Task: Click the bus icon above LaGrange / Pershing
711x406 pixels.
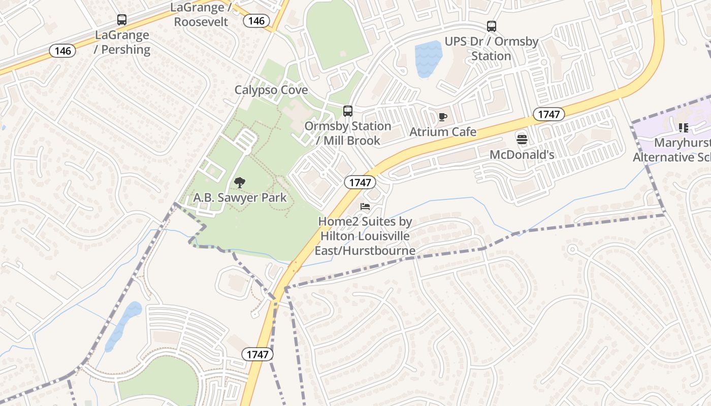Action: [122, 20]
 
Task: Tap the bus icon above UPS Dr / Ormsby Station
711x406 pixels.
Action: [491, 26]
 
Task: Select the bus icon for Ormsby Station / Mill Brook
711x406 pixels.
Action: [348, 111]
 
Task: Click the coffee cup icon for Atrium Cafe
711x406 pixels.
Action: [443, 117]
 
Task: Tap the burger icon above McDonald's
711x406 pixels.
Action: [522, 139]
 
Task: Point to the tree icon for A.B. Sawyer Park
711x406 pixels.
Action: [240, 183]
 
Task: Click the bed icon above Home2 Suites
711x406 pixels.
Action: [365, 207]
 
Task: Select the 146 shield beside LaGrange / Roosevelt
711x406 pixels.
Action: [256, 20]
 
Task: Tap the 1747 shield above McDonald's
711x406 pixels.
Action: [548, 114]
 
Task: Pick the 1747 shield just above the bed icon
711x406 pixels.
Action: [360, 182]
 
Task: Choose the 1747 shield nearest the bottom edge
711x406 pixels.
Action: [257, 354]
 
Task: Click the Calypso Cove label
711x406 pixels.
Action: [271, 90]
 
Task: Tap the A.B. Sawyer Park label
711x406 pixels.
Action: [240, 197]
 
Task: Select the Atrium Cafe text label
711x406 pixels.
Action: [443, 132]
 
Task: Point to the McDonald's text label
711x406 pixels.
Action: [522, 154]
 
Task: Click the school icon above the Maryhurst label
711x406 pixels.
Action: [683, 128]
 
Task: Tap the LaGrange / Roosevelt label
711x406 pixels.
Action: [201, 14]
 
